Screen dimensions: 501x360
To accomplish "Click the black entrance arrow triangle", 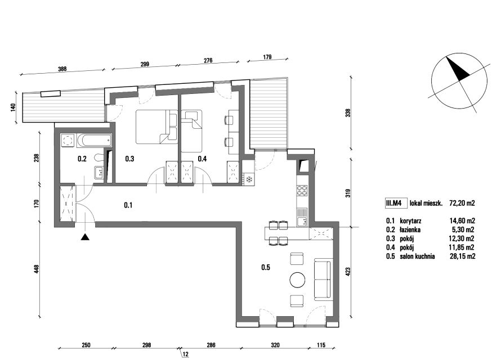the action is click(x=84, y=237).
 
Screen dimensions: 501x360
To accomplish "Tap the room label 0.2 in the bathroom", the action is click(x=82, y=159).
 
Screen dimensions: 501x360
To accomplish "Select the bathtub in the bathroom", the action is click(x=93, y=141).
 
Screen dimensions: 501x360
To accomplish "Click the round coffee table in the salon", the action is click(x=297, y=280).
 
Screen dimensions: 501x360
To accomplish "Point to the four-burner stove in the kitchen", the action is click(x=302, y=191).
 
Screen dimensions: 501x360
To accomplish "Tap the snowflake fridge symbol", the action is click(x=249, y=179).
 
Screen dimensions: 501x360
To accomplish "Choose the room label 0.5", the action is click(x=266, y=267).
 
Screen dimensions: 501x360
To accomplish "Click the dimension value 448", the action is click(x=37, y=269).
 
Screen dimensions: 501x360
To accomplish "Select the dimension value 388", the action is click(x=62, y=69).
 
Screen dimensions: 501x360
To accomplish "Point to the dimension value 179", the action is click(x=267, y=57).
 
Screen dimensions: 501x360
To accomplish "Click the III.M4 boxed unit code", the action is click(x=396, y=203).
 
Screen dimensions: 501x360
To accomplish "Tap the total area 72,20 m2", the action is click(x=462, y=203).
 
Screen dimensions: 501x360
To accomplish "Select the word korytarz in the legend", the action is click(x=410, y=221).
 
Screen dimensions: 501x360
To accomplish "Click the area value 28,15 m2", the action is click(x=462, y=256).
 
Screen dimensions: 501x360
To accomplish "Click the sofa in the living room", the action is click(x=323, y=279).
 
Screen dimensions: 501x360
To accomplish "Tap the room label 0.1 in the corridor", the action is click(x=128, y=205).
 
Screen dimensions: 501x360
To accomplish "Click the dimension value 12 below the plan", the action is click(x=186, y=354).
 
